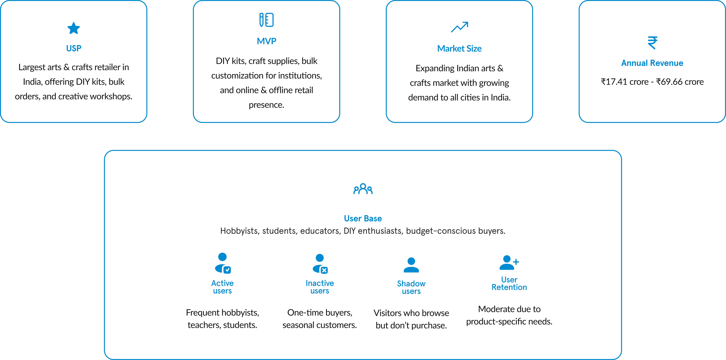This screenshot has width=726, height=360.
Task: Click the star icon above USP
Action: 74,28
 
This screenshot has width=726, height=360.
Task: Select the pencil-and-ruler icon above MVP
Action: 266,20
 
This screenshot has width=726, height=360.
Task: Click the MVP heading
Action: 266,41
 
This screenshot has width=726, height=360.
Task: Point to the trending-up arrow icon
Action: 459,27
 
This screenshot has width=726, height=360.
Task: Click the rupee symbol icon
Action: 652,43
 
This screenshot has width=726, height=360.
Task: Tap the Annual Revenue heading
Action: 652,63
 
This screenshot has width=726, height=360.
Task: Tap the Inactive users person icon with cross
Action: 320,264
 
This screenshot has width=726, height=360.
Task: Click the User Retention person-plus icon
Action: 509,263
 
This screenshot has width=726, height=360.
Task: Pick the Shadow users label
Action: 411,287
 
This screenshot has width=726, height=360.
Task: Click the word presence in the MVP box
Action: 266,105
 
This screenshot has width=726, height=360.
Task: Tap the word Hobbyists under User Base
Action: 239,231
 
